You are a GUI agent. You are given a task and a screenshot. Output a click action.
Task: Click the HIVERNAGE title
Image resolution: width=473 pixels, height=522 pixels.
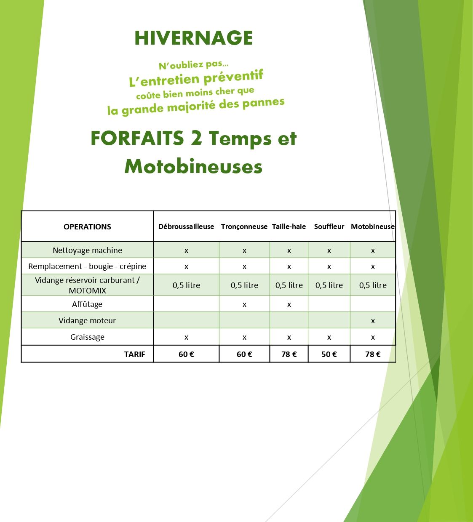pyautogui.click(x=193, y=38)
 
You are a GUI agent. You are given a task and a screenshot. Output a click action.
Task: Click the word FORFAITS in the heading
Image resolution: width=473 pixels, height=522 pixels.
pyautogui.click(x=137, y=138)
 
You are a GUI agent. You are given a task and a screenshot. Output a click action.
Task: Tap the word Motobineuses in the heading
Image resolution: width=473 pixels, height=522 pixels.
pyautogui.click(x=193, y=167)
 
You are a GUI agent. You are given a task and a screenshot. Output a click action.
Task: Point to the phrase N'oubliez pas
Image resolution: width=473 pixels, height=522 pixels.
pyautogui.click(x=193, y=65)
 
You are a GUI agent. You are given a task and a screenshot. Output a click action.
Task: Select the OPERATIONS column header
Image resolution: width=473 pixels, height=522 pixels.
pyautogui.click(x=87, y=226)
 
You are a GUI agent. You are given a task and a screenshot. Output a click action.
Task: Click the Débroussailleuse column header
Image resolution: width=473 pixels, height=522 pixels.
pyautogui.click(x=186, y=226)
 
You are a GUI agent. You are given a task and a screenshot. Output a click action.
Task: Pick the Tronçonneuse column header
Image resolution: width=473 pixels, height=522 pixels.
pyautogui.click(x=244, y=226)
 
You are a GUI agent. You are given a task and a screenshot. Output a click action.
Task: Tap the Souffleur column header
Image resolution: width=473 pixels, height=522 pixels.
pyautogui.click(x=329, y=226)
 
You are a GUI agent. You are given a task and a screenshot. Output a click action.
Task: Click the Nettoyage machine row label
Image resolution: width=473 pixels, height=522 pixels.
pyautogui.click(x=87, y=250)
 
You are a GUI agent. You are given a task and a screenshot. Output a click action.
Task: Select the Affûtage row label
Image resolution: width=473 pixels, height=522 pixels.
pyautogui.click(x=87, y=304)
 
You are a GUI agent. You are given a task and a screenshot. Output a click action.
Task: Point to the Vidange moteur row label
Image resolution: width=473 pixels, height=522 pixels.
pyautogui.click(x=87, y=320)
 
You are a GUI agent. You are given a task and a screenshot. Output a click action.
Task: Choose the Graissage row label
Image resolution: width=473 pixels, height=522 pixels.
pyautogui.click(x=87, y=337)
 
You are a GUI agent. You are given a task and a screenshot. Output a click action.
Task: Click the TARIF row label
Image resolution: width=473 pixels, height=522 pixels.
pyautogui.click(x=134, y=354)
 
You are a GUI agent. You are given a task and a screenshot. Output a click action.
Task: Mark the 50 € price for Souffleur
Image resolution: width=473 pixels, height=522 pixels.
pyautogui.click(x=329, y=354)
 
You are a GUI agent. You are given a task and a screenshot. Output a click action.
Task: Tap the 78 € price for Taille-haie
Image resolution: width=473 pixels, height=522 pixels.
pyautogui.click(x=289, y=354)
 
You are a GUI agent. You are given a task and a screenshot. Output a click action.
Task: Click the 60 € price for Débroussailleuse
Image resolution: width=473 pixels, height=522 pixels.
pyautogui.click(x=186, y=354)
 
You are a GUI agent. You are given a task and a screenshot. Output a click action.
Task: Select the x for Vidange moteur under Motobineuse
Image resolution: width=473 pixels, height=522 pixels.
pyautogui.click(x=373, y=321)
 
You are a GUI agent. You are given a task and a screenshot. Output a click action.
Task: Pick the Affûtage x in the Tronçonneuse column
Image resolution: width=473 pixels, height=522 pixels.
pyautogui.click(x=244, y=304)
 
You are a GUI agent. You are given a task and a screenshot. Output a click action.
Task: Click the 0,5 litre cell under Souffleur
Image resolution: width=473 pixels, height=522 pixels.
pyautogui.click(x=329, y=285)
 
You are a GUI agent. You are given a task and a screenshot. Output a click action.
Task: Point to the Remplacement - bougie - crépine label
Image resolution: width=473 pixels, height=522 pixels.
pyautogui.click(x=87, y=266)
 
